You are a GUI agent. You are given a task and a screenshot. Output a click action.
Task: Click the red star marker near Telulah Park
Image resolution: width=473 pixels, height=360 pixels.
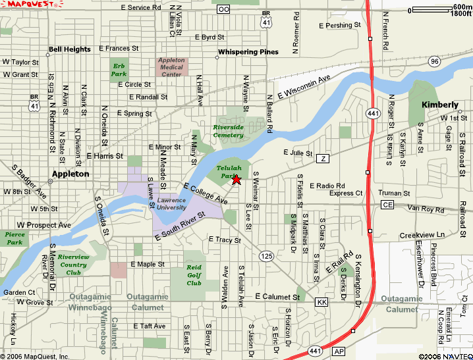point(237,180)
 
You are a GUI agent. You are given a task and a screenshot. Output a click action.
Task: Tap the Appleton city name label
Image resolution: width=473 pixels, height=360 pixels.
point(70,174)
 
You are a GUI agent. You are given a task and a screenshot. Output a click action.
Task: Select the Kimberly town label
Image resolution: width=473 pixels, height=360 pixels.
point(439,105)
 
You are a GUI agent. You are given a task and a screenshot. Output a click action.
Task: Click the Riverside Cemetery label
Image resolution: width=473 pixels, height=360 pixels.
point(228,130)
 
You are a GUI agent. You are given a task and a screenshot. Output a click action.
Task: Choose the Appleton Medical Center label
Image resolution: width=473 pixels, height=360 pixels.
point(171,67)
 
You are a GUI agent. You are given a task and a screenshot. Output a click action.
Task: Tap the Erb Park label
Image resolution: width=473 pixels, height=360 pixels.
point(119,70)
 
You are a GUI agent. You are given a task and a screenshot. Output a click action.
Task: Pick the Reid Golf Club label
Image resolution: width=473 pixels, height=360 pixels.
point(194,276)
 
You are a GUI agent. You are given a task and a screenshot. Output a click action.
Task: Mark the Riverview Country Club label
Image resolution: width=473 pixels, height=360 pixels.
point(73,264)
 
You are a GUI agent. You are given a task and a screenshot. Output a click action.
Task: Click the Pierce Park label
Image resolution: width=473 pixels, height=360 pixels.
point(14,238)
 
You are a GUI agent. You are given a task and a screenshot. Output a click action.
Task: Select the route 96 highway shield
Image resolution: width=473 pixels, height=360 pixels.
point(433,61)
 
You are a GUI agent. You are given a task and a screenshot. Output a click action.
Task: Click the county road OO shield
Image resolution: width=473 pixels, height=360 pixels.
point(224,9)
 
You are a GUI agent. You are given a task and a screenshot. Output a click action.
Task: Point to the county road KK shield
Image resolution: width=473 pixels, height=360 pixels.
point(321,302)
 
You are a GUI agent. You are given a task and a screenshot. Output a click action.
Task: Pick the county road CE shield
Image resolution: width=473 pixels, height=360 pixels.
point(387,205)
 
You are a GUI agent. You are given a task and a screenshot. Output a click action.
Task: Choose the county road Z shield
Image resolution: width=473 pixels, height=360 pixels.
point(322,159)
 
